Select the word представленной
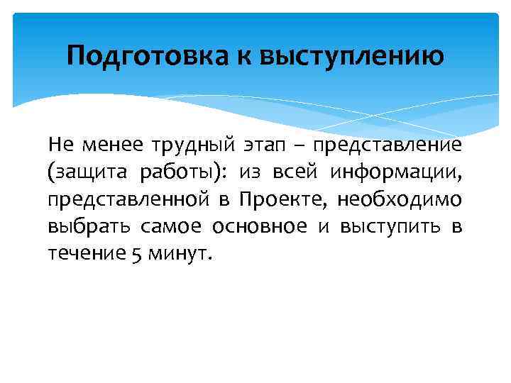click(128, 199)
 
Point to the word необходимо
click(400, 199)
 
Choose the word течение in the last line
click(82, 254)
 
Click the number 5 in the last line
click(136, 254)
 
